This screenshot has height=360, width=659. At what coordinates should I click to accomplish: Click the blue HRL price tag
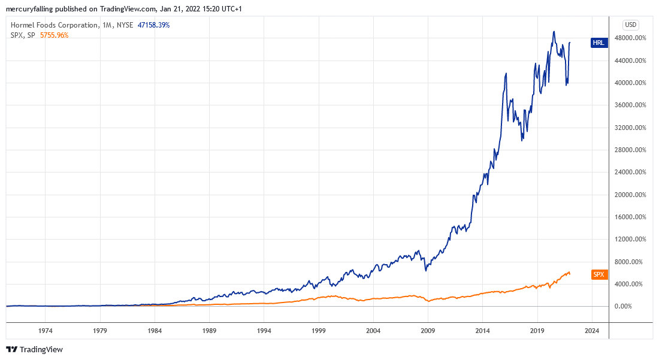pos(598,43)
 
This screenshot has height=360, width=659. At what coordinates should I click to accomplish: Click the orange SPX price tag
pos(598,274)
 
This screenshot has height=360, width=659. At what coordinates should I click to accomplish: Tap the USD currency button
pos(630,25)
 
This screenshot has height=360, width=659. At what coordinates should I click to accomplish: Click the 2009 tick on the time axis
pos(428,330)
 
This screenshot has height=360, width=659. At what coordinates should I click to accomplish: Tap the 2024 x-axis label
pos(592,330)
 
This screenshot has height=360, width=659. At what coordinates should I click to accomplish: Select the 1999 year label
pos(319,330)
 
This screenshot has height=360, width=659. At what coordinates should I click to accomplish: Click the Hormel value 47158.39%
pos(154,25)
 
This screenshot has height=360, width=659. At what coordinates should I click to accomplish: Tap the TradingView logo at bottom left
pos(34,349)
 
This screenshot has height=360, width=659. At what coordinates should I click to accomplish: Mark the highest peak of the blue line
pos(554,32)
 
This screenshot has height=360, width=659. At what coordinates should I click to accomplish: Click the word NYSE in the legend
pos(125,25)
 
